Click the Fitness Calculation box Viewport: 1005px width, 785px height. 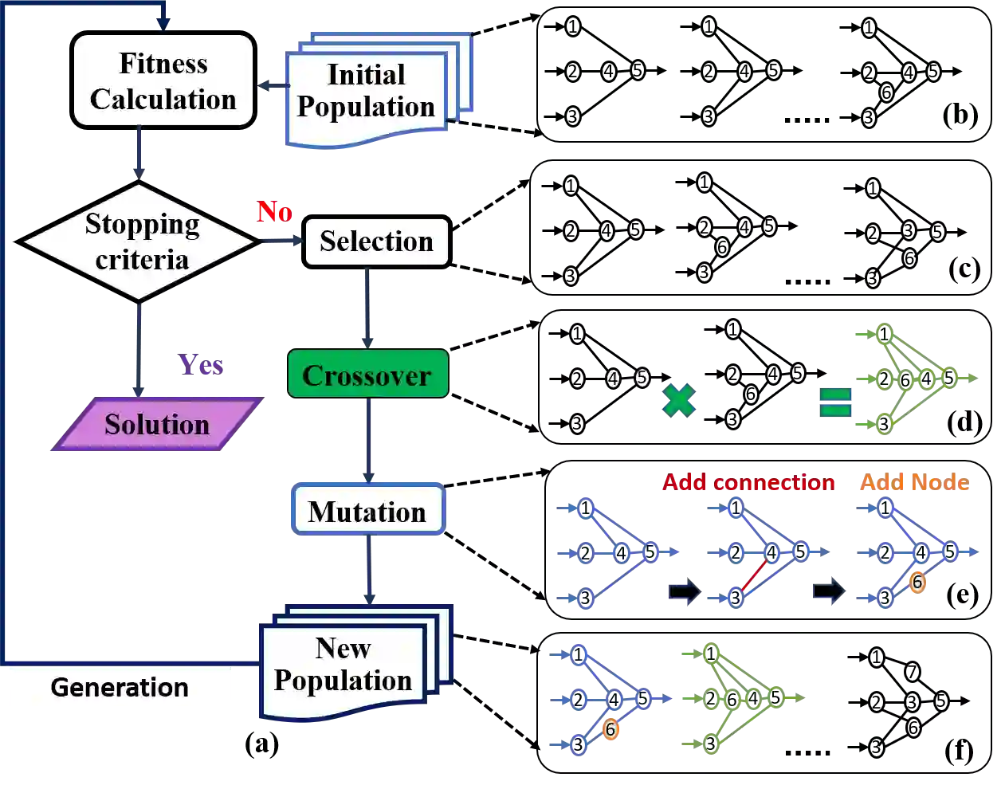pyautogui.click(x=163, y=80)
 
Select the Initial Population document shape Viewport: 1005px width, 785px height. pyautogui.click(x=367, y=92)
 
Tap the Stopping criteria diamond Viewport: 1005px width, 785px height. pyautogui.click(x=139, y=241)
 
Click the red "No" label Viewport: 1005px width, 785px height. pyautogui.click(x=274, y=211)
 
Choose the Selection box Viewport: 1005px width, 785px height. pyautogui.click(x=376, y=241)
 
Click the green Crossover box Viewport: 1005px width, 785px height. pyautogui.click(x=367, y=375)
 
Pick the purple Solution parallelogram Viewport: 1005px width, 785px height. pyautogui.click(x=156, y=424)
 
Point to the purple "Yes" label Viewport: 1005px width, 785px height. pyautogui.click(x=199, y=364)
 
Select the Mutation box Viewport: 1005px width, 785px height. pyautogui.click(x=367, y=511)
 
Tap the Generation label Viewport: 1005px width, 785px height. pyautogui.click(x=120, y=687)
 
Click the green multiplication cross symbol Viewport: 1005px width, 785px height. pyautogui.click(x=678, y=400)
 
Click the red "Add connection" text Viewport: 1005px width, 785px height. pyautogui.click(x=748, y=482)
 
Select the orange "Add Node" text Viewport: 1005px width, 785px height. pyautogui.click(x=914, y=482)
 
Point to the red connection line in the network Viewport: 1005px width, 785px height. pyautogui.click(x=754, y=575)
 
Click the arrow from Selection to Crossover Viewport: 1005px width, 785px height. pyautogui.click(x=367, y=307)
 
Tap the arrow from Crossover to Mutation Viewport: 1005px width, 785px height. pyautogui.click(x=369, y=441)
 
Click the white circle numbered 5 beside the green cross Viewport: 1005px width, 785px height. pyautogui.click(x=642, y=378)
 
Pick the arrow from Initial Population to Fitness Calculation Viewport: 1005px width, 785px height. pyautogui.click(x=271, y=86)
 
